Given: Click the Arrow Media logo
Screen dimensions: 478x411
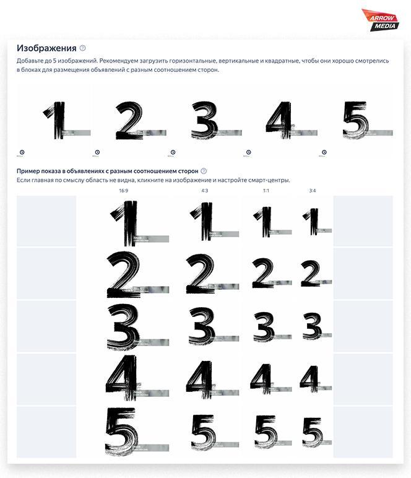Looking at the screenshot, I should pyautogui.click(x=380, y=19).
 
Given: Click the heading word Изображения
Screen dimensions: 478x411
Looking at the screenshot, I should pyautogui.click(x=46, y=48).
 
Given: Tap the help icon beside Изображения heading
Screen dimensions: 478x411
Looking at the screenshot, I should pyautogui.click(x=83, y=48).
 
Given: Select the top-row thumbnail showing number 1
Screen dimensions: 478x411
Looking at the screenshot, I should pyautogui.click(x=55, y=121).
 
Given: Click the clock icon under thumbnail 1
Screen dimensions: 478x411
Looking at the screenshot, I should pyautogui.click(x=22, y=152).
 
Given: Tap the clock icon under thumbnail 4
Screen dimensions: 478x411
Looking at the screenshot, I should pyautogui.click(x=248, y=152).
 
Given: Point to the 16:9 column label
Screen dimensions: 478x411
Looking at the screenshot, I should pyautogui.click(x=124, y=191).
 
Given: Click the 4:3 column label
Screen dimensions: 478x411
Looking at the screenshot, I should pyautogui.click(x=205, y=191).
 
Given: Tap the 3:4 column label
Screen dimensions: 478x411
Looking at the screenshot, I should pyautogui.click(x=313, y=191).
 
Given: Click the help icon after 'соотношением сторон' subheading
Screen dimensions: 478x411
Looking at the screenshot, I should pyautogui.click(x=204, y=171).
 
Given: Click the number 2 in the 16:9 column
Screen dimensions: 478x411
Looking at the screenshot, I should pyautogui.click(x=124, y=274).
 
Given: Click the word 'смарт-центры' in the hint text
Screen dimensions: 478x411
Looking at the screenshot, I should pyautogui.click(x=269, y=180).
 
